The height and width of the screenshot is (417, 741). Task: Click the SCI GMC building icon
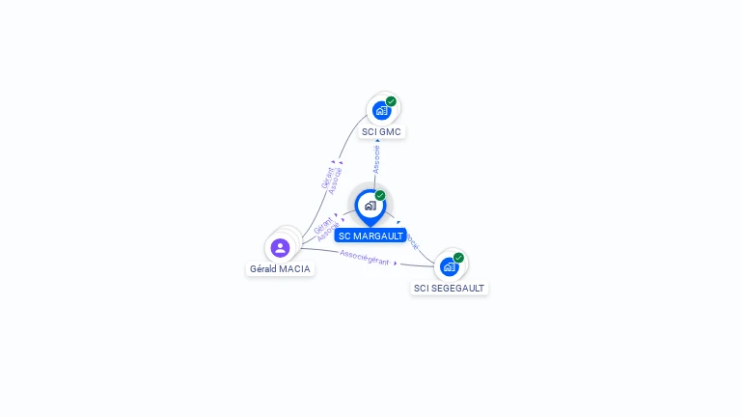(x=382, y=111)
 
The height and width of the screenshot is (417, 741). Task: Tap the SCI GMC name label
(x=382, y=131)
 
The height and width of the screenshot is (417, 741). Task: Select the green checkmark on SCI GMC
(x=391, y=101)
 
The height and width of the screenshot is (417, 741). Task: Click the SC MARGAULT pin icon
(x=370, y=206)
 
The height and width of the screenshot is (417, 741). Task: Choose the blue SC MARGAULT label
(x=370, y=236)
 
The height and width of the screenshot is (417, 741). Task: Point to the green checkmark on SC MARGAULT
(x=380, y=196)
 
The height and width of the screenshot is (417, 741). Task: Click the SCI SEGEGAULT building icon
(x=449, y=267)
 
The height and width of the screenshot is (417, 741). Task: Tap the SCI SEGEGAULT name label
(x=450, y=288)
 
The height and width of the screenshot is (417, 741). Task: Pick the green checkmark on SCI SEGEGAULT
(x=458, y=258)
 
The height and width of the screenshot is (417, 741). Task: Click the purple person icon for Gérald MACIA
(x=280, y=248)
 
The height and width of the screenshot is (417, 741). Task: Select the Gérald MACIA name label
(x=280, y=268)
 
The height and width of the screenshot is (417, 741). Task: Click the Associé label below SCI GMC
(x=376, y=159)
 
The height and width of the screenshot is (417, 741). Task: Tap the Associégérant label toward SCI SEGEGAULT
(x=365, y=258)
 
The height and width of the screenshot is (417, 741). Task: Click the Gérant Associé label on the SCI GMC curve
(x=331, y=180)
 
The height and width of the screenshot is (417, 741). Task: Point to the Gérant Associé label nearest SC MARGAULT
(x=325, y=229)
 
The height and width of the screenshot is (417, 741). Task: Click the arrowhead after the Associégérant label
(x=395, y=263)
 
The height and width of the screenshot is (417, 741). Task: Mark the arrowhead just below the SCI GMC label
(x=377, y=141)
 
